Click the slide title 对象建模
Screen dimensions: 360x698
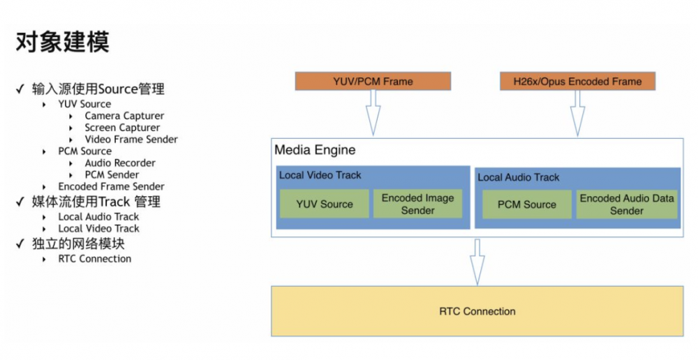[x=62, y=43]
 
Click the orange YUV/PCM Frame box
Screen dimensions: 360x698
[x=373, y=82]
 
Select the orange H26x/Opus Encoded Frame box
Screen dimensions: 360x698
[x=577, y=82]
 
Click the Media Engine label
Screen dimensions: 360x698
[x=315, y=150]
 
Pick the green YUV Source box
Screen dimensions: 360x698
[x=325, y=204]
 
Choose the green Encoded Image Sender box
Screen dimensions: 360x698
[x=417, y=204]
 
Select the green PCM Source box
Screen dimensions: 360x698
[x=526, y=204]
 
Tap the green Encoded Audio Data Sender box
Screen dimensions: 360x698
[x=627, y=204]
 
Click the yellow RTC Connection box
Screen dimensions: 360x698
[x=477, y=311]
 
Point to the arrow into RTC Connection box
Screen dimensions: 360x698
[x=477, y=262]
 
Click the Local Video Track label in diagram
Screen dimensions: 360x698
[x=320, y=175]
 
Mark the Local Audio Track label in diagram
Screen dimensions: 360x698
[x=519, y=177]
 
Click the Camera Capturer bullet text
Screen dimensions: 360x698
[x=124, y=116]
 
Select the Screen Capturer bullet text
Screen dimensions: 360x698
[x=122, y=128]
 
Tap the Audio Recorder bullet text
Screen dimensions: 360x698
[x=120, y=163]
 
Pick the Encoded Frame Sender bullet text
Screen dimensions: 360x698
[x=111, y=186]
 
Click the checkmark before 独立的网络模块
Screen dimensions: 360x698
[x=20, y=243]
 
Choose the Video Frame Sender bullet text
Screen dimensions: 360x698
[x=131, y=140]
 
